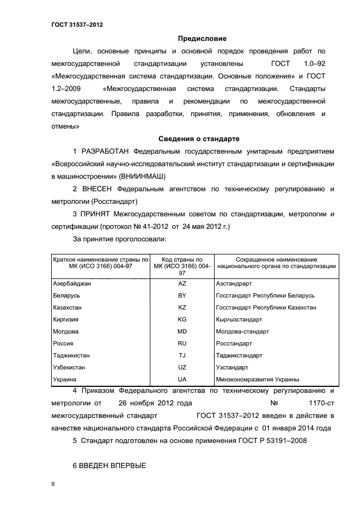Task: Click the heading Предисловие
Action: tap(202, 39)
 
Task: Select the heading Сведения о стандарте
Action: tap(198, 138)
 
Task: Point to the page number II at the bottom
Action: tap(53, 483)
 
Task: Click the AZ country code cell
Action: tap(182, 284)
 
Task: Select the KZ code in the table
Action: tap(182, 307)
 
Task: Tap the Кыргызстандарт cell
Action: tap(239, 319)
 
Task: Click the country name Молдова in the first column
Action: tap(66, 331)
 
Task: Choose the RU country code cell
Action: tap(182, 343)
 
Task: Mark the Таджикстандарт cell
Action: tap(239, 355)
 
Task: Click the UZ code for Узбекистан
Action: tap(182, 367)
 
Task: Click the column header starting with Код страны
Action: tap(182, 266)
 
